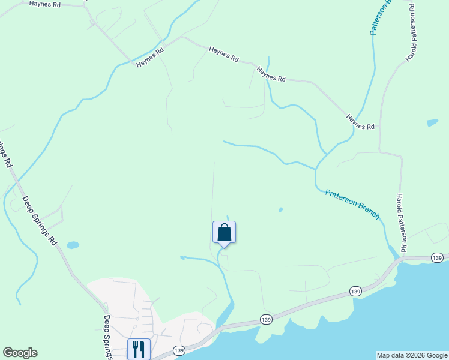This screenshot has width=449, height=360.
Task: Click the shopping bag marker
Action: pyautogui.click(x=224, y=233)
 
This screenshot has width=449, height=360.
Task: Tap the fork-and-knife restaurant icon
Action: pyautogui.click(x=139, y=349)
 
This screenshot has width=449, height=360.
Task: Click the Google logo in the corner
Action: pyautogui.click(x=20, y=353)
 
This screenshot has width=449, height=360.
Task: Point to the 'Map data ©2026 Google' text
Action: pyautogui.click(x=411, y=355)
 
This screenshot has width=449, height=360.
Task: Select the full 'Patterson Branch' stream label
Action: pyautogui.click(x=352, y=203)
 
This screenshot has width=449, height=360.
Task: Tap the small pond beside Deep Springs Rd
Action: pyautogui.click(x=73, y=245)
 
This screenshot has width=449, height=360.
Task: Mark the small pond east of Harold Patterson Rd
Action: pyautogui.click(x=432, y=123)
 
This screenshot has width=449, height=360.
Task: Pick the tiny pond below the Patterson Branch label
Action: pyautogui.click(x=280, y=210)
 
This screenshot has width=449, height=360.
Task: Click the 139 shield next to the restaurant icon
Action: pyautogui.click(x=179, y=350)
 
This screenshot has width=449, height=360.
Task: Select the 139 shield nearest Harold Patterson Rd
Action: pyautogui.click(x=437, y=257)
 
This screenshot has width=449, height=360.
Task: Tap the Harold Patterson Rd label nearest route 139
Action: pyautogui.click(x=402, y=223)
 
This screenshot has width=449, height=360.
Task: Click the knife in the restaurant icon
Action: pyautogui.click(x=143, y=349)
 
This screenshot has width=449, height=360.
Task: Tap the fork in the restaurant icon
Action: pyautogui.click(x=135, y=349)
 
